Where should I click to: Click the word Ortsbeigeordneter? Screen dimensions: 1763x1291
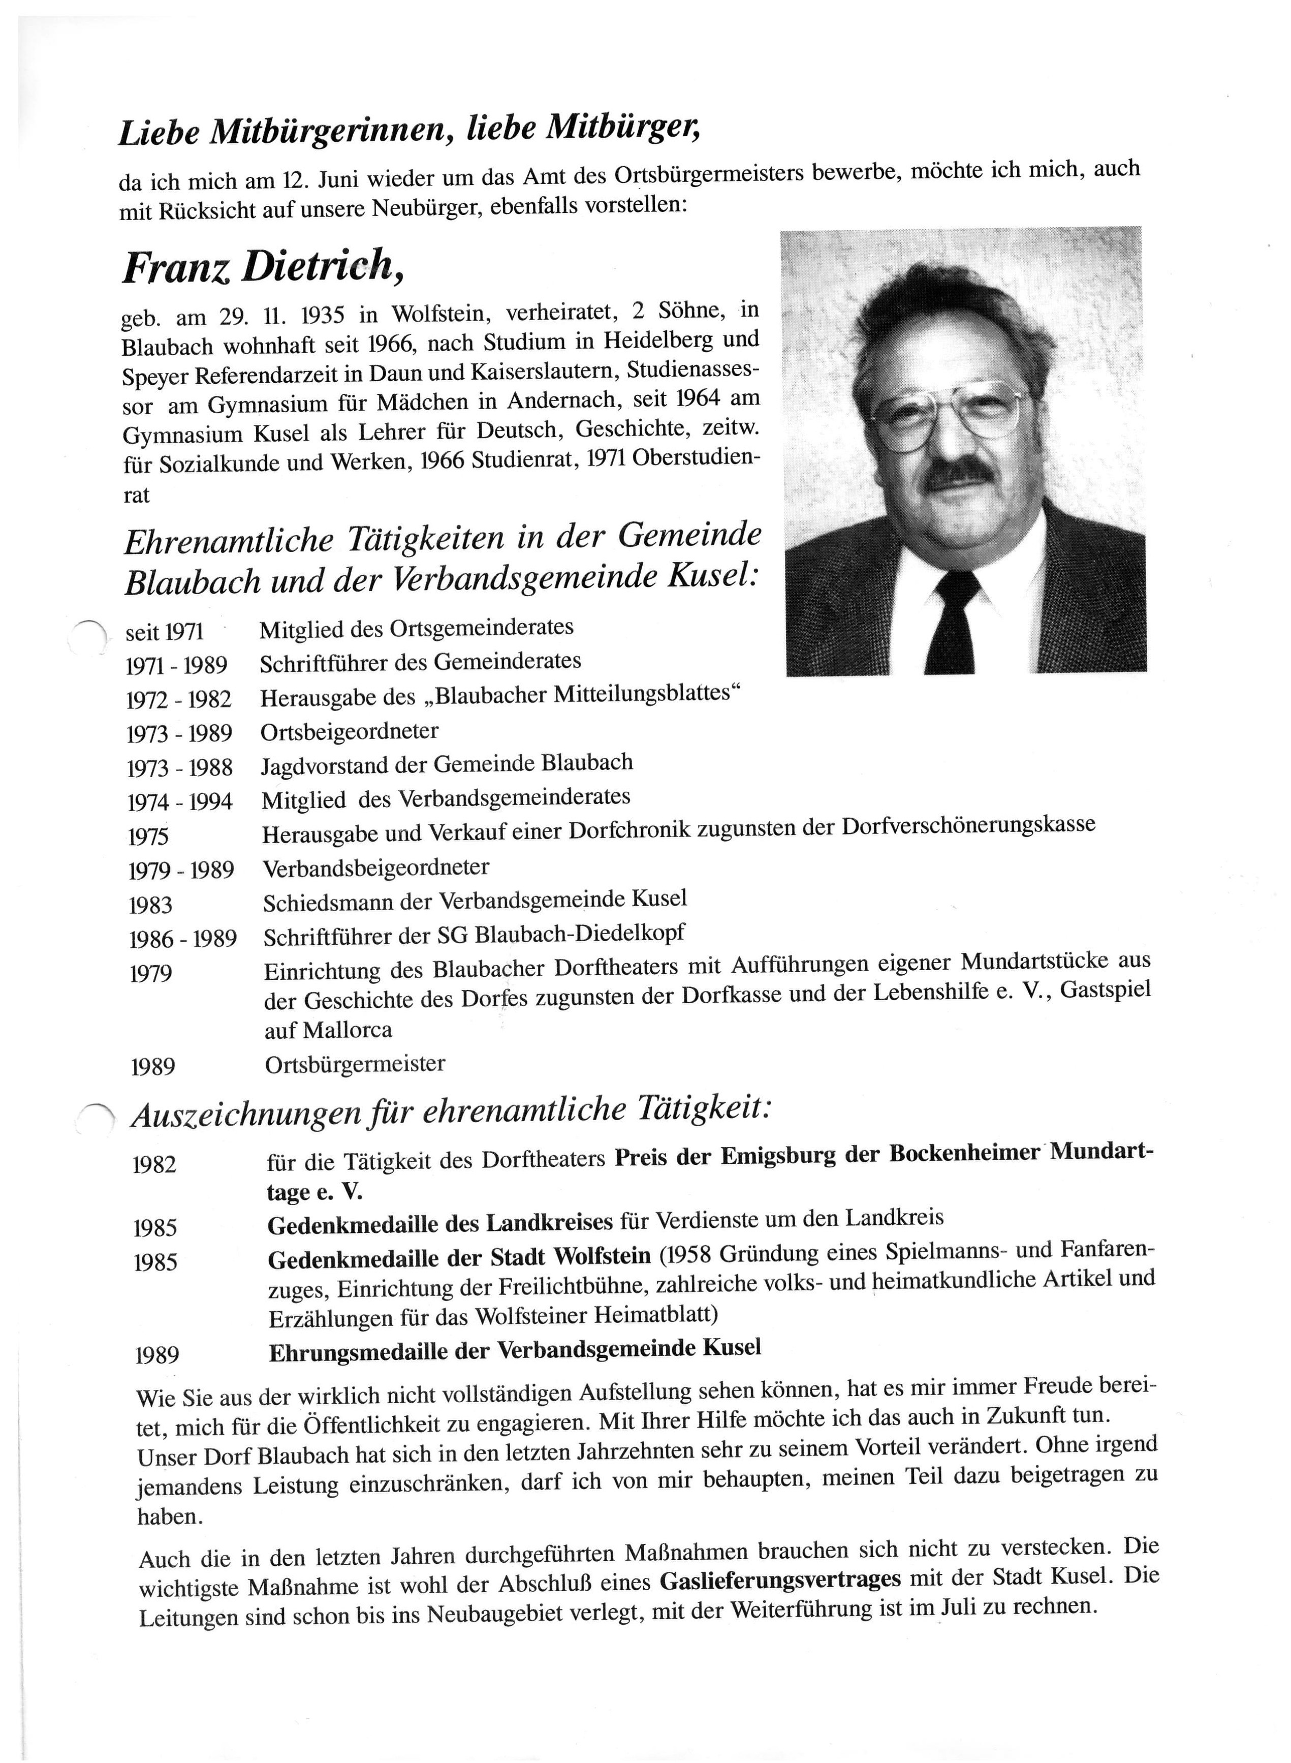point(350,732)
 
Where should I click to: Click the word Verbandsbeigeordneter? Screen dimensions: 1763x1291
point(376,868)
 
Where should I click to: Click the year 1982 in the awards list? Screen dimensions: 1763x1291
point(155,1164)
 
